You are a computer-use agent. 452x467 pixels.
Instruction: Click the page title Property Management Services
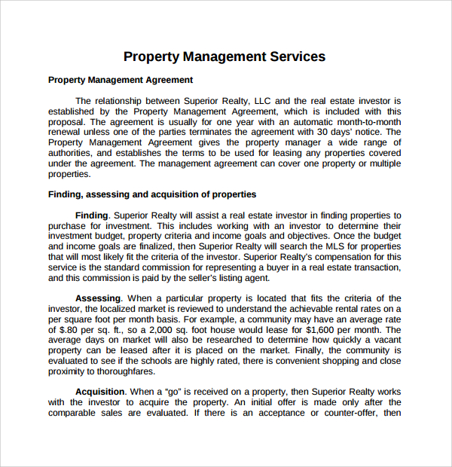pos(224,56)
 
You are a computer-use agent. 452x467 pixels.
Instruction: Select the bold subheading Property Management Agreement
pos(121,80)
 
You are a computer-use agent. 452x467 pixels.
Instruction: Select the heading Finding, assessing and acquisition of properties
pos(152,194)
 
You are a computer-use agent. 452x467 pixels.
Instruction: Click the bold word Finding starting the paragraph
pos(92,215)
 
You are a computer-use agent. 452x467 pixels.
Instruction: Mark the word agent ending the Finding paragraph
pos(256,278)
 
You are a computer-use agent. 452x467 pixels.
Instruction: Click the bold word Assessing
pos(98,299)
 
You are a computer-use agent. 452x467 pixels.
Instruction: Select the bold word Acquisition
pos(100,392)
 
